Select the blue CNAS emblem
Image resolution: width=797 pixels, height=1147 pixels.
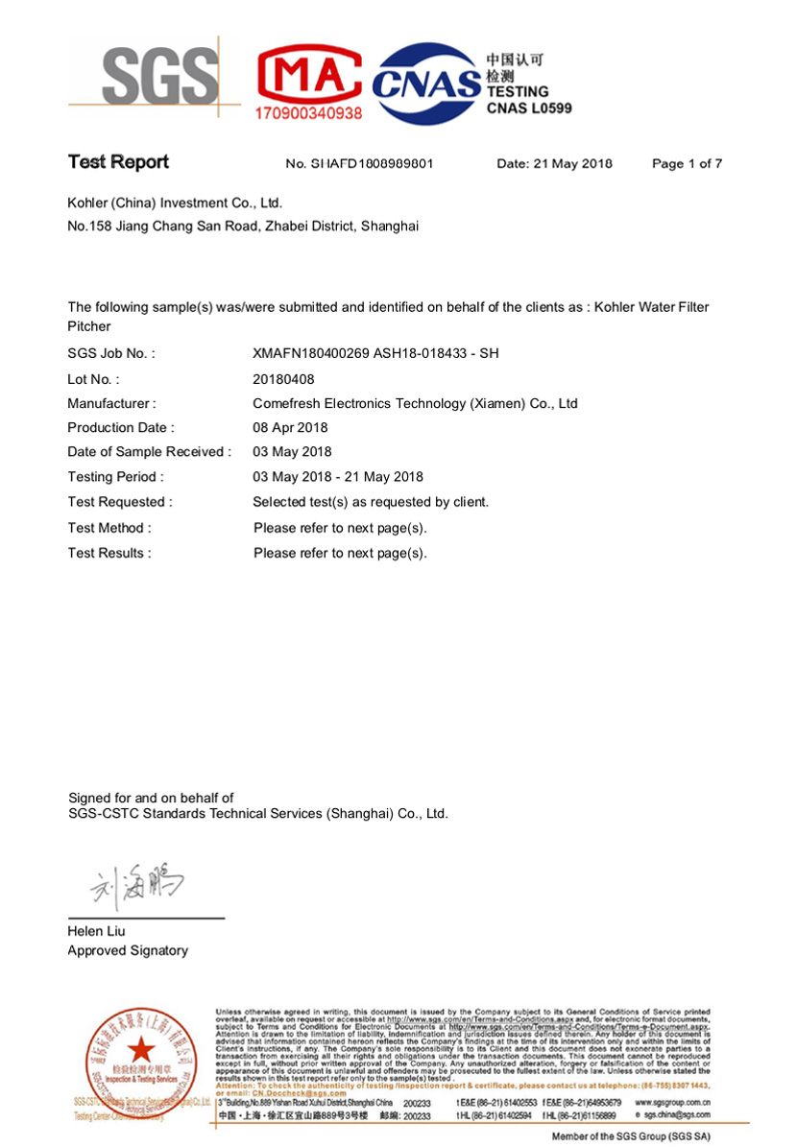click(425, 84)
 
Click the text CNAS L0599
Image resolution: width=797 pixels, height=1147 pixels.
click(529, 108)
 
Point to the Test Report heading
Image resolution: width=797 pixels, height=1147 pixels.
click(118, 162)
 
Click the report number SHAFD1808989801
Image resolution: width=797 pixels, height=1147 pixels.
click(360, 164)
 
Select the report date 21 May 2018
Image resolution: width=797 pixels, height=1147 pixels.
click(554, 164)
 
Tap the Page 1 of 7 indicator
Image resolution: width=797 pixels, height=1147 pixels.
click(687, 164)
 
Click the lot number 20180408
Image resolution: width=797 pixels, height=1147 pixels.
click(283, 379)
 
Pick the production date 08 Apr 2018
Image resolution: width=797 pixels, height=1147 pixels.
click(290, 428)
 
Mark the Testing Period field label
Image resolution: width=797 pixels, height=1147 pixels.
click(115, 477)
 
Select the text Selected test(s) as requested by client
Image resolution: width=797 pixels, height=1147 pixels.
click(371, 502)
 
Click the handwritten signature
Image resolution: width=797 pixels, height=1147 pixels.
click(137, 889)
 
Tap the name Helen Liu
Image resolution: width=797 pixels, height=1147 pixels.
click(96, 931)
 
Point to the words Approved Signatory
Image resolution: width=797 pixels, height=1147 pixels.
click(128, 951)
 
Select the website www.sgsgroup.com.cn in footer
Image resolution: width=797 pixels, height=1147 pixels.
click(673, 1103)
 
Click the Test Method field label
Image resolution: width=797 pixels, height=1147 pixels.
click(109, 528)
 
